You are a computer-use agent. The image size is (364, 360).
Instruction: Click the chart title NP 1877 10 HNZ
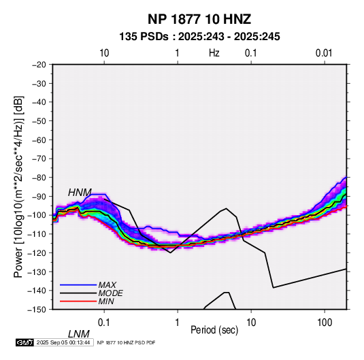(x=199, y=19)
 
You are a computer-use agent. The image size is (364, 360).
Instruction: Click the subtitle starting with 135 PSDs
(x=199, y=37)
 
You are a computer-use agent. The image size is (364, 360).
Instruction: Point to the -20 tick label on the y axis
(x=39, y=65)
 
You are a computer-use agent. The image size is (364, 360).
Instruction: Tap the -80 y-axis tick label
(x=39, y=178)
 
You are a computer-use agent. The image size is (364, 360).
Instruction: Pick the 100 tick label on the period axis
(x=325, y=323)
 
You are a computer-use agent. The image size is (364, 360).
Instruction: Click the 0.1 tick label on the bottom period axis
(x=104, y=323)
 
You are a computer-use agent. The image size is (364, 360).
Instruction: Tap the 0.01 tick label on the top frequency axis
(x=324, y=53)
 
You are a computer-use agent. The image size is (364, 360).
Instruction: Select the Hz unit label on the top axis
(x=214, y=53)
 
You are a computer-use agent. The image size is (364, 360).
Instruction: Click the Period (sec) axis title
(x=214, y=330)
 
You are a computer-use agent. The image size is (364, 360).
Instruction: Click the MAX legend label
(x=107, y=285)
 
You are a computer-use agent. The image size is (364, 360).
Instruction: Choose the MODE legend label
(x=110, y=293)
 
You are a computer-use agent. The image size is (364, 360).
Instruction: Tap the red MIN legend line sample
(x=78, y=301)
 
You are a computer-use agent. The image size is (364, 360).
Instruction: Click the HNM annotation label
(x=80, y=193)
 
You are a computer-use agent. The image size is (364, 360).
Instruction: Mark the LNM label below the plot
(x=79, y=334)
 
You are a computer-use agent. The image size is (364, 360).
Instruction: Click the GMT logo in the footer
(x=25, y=342)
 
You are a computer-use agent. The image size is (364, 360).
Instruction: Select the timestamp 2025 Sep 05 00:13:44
(x=63, y=342)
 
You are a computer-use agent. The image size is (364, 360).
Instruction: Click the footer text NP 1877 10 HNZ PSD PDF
(x=126, y=342)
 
